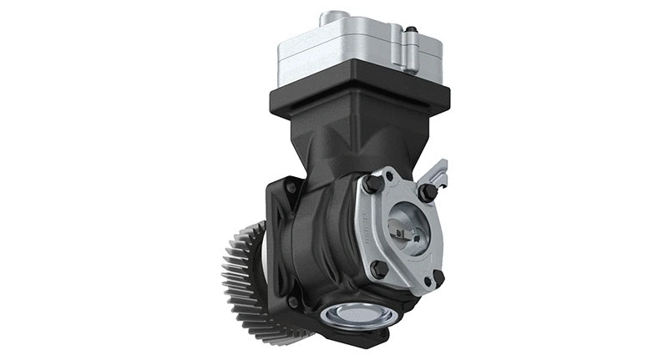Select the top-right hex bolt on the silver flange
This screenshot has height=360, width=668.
pos(428,191)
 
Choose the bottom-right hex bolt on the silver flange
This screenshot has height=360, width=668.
pos(438,278)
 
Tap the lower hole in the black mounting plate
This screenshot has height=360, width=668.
pos(292,302)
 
